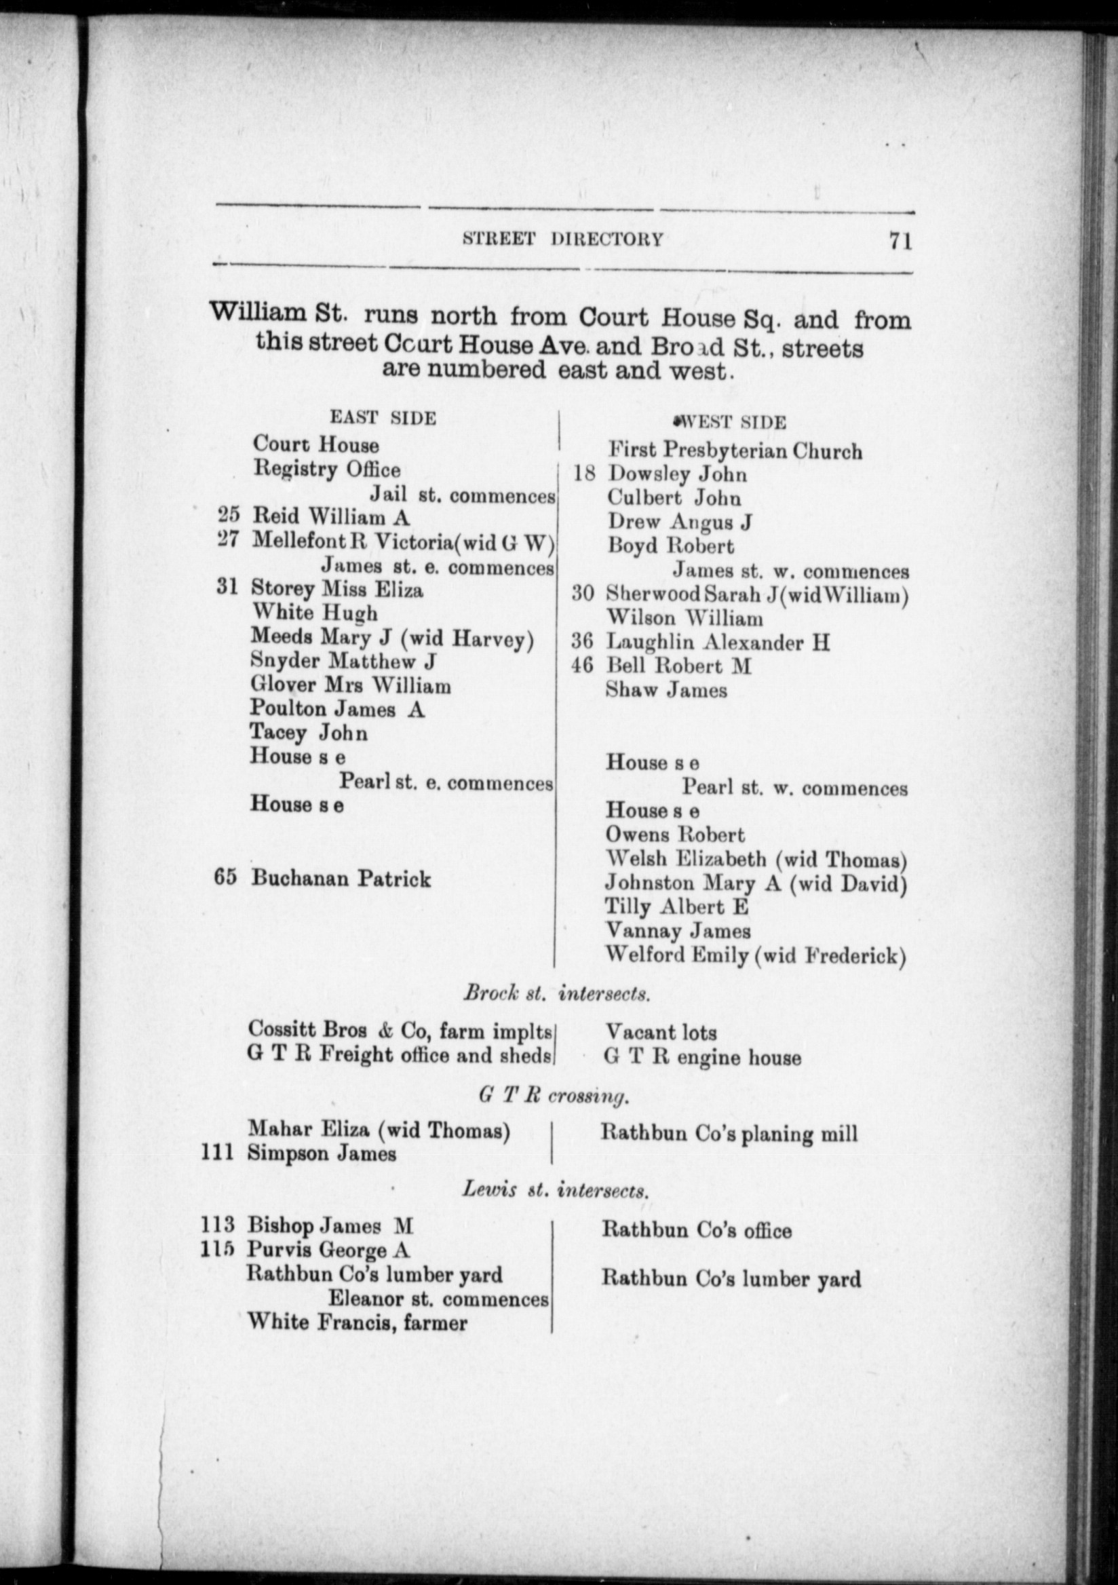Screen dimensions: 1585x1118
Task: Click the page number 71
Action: (900, 242)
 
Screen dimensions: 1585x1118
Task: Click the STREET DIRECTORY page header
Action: (562, 239)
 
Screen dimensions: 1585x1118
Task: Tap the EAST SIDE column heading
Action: (383, 419)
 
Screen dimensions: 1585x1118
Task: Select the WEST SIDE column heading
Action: (731, 422)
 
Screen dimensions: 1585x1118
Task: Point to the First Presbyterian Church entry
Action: (734, 451)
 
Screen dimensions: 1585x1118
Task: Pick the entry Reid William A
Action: (330, 516)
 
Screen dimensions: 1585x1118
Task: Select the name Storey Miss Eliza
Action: (336, 589)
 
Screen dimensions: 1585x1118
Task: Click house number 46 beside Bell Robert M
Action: (583, 666)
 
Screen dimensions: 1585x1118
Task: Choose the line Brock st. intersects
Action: (556, 993)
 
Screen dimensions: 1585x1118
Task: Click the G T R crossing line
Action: (554, 1096)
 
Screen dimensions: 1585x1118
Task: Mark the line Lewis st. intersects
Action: (555, 1190)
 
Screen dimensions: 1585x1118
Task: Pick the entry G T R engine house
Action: (703, 1057)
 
